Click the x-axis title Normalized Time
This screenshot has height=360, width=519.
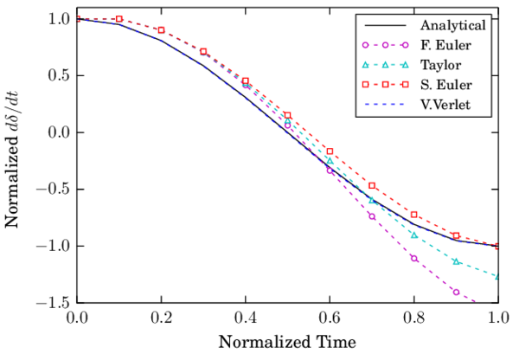pos(287,342)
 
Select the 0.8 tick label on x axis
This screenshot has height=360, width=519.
pos(414,318)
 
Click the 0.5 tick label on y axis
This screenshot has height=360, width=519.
pos(56,75)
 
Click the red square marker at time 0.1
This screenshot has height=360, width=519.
pos(119,19)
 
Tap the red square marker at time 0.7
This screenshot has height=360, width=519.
pos(372,185)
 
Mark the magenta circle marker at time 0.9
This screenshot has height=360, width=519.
pos(456,292)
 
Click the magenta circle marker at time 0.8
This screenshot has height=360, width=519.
pos(414,258)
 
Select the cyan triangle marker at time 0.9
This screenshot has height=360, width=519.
pos(456,260)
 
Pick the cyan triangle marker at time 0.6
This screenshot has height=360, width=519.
pos(330,160)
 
